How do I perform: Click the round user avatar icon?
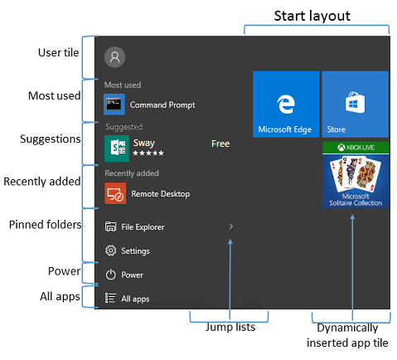(114, 57)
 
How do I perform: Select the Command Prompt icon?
(114, 105)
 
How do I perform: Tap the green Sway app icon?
(117, 148)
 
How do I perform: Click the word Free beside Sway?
(220, 144)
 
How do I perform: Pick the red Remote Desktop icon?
(115, 193)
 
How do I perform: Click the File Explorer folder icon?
(110, 226)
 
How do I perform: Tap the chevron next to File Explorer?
(231, 226)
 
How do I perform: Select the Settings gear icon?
(110, 251)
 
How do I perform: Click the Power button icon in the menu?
(110, 275)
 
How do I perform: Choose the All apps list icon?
(110, 298)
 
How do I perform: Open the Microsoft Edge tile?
(286, 105)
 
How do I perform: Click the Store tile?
(355, 105)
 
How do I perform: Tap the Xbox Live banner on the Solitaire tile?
(356, 148)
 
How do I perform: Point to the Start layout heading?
(312, 16)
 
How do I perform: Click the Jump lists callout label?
(230, 327)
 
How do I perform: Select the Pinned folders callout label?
(45, 225)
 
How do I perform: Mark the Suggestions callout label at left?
(51, 139)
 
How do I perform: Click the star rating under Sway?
(148, 153)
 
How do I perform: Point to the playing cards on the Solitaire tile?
(356, 173)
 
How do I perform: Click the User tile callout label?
(58, 52)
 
